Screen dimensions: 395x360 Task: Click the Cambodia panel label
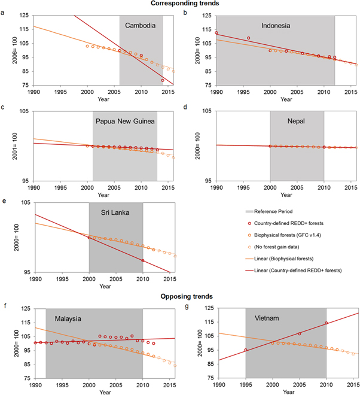click(x=141, y=26)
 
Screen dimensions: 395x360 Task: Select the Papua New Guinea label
click(x=125, y=121)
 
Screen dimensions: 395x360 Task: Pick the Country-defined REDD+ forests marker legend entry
click(x=292, y=223)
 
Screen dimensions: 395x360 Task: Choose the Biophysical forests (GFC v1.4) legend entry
click(x=290, y=235)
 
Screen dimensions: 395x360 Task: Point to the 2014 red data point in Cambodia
click(x=163, y=80)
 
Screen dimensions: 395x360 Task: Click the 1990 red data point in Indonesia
click(x=216, y=33)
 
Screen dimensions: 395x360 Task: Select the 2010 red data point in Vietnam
click(x=327, y=323)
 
